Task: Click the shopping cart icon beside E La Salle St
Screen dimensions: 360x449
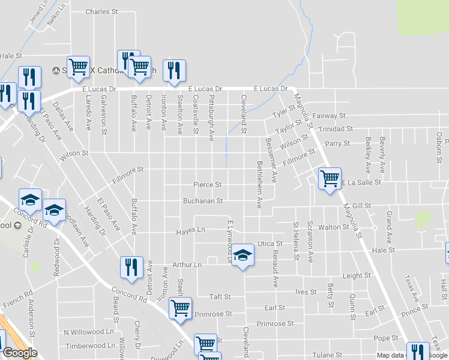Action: pyautogui.click(x=330, y=178)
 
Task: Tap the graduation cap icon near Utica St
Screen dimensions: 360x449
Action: pyautogui.click(x=243, y=254)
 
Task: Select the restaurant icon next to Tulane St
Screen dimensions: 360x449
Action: pyautogui.click(x=418, y=351)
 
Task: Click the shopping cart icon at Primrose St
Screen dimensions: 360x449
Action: pyautogui.click(x=180, y=308)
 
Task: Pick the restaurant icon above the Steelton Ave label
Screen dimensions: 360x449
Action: pyautogui.click(x=174, y=70)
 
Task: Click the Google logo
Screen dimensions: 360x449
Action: pyautogui.click(x=19, y=353)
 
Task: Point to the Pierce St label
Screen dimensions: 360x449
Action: pyautogui.click(x=208, y=185)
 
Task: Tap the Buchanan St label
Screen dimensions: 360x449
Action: pyautogui.click(x=203, y=201)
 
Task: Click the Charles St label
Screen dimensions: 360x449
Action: pyautogui.click(x=98, y=11)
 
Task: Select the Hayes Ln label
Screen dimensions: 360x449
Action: pyautogui.click(x=190, y=231)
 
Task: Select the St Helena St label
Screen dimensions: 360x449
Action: pyautogui.click(x=296, y=241)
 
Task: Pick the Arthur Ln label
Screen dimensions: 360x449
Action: pyautogui.click(x=187, y=264)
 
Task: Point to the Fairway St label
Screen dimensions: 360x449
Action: pyautogui.click(x=329, y=115)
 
